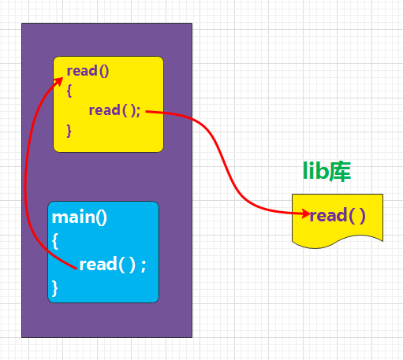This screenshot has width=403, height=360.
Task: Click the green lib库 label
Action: point(327,172)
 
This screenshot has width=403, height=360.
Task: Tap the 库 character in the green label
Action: point(340,172)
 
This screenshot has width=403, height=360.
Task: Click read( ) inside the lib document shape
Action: point(338,216)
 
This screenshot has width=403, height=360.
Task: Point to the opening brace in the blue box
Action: point(55,242)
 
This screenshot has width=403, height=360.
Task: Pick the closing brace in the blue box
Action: point(55,288)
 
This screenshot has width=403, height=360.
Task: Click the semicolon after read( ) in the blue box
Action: point(143,265)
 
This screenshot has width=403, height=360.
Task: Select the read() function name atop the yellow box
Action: point(88,71)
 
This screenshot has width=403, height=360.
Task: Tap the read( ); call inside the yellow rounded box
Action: point(114,110)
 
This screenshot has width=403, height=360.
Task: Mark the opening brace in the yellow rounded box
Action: point(69,91)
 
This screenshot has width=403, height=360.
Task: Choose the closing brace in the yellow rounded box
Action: point(69,129)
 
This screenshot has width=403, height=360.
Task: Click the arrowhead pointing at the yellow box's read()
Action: point(60,80)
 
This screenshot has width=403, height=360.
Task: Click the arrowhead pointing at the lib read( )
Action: point(303,213)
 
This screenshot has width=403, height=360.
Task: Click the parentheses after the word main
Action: point(97,217)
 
